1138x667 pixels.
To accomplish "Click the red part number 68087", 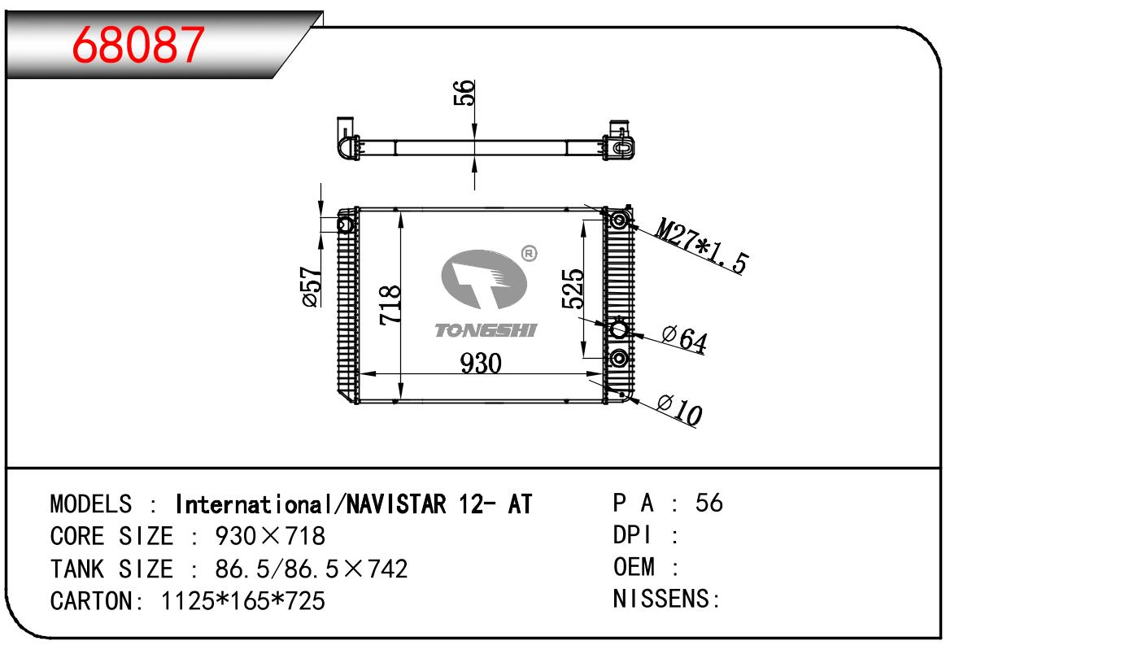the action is (x=138, y=45).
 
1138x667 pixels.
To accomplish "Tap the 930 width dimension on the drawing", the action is (x=481, y=364).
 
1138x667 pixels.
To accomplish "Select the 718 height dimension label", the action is (x=390, y=305).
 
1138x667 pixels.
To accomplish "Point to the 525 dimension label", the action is (x=573, y=289).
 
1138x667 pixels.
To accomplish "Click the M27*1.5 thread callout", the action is (x=702, y=246).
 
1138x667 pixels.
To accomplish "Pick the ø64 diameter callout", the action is (x=684, y=339).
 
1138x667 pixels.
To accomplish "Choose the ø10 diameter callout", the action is (x=680, y=409).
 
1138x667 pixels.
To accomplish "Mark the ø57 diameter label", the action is (x=312, y=287).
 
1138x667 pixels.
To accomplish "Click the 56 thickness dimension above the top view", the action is (x=464, y=93).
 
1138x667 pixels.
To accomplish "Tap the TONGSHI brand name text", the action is (x=486, y=331).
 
